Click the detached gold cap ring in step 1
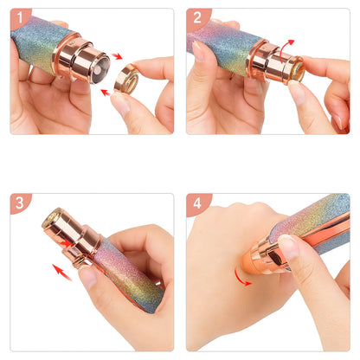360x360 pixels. tap(126, 79)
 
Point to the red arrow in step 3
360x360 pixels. tap(61, 272)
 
